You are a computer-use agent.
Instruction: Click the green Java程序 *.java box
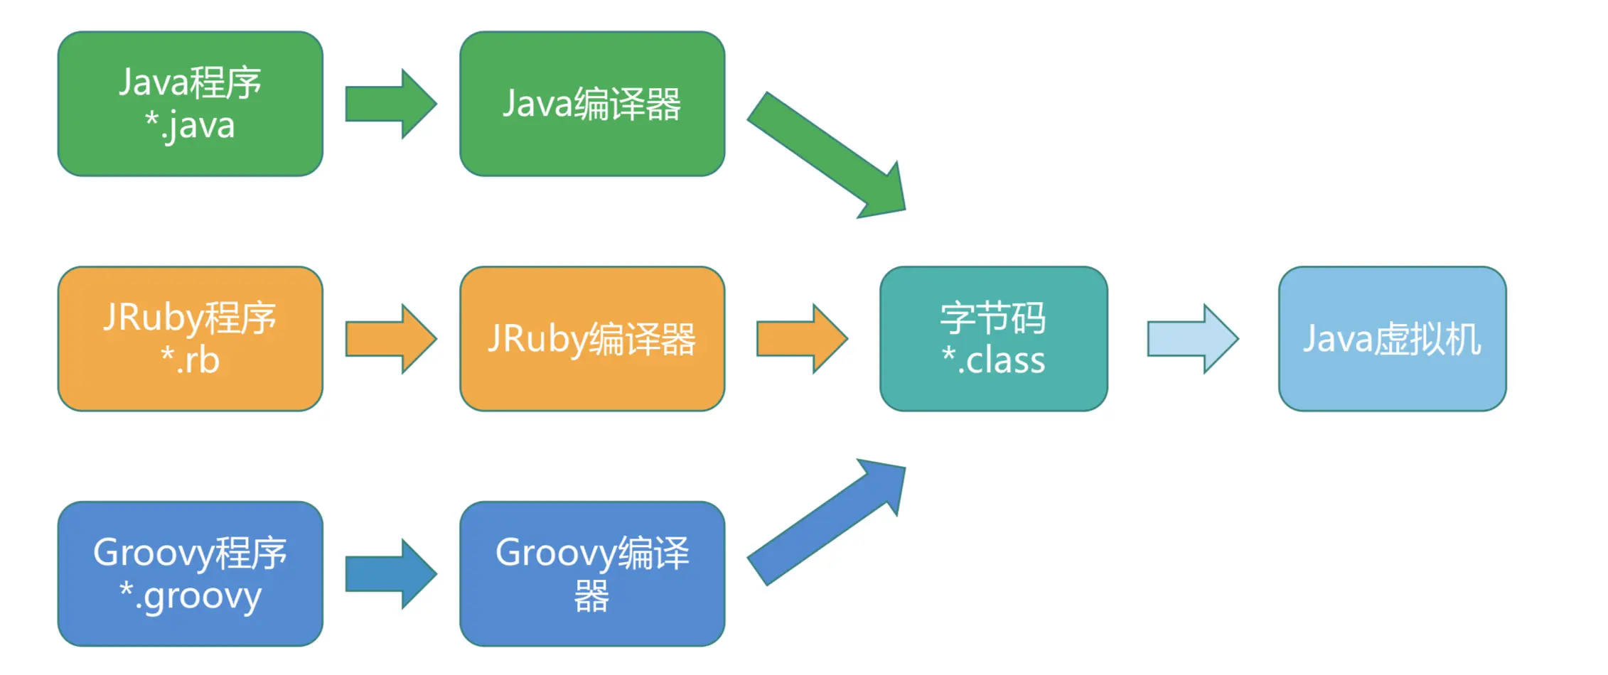(x=190, y=104)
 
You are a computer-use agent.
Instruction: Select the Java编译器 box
(x=591, y=104)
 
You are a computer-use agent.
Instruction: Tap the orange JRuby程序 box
(x=190, y=338)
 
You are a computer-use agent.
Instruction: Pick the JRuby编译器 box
(x=591, y=338)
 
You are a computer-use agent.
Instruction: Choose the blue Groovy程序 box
(x=190, y=573)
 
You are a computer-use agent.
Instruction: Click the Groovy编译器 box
(x=591, y=573)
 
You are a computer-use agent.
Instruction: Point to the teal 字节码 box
(x=993, y=338)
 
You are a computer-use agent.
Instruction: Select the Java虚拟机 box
(x=1391, y=338)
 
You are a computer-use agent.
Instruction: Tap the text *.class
(x=993, y=360)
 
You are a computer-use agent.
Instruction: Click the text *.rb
(x=190, y=360)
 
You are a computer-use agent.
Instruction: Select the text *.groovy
(x=190, y=595)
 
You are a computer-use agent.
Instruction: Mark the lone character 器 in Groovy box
(x=591, y=595)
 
